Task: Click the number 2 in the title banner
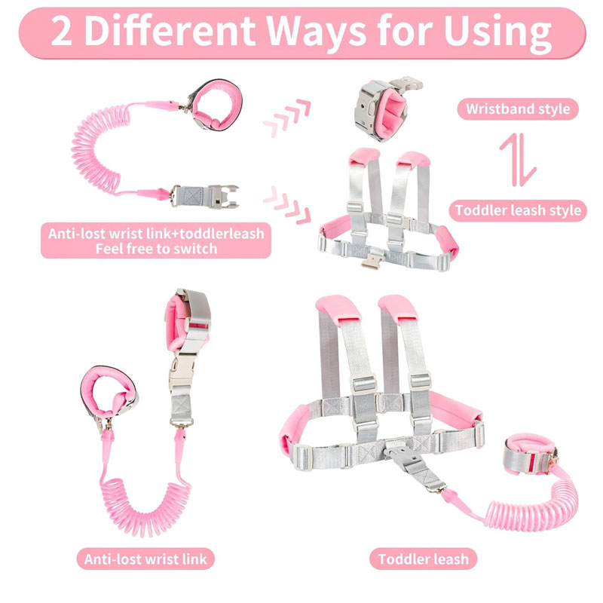coord(62,32)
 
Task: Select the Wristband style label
coord(518,109)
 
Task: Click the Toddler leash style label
coord(518,210)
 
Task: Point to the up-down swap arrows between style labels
coord(518,160)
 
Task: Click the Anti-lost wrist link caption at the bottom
coord(145,559)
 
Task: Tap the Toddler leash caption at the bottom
coord(423,559)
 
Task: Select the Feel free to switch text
coord(156,249)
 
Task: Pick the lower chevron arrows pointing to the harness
coord(287,205)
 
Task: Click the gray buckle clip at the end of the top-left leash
coord(204,196)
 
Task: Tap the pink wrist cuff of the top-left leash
coord(216,105)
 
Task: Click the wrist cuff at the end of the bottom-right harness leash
coord(530,454)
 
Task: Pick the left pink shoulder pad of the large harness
coord(338,308)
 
